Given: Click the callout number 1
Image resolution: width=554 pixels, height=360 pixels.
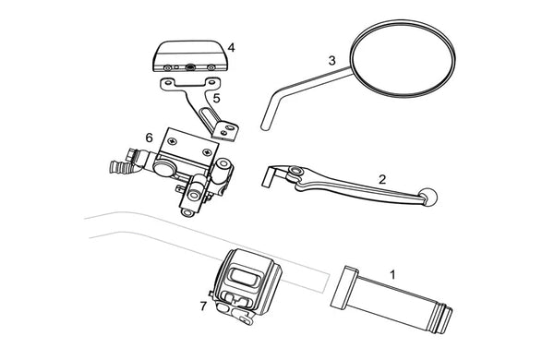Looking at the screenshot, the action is click(x=392, y=274).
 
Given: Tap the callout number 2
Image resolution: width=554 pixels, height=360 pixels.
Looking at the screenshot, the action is click(x=382, y=179).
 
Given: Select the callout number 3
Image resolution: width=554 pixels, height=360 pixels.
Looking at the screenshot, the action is click(x=331, y=60).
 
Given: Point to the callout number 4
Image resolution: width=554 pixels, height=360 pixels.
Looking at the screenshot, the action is click(x=231, y=48).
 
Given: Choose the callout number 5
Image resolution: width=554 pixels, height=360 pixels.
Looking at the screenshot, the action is click(x=216, y=98).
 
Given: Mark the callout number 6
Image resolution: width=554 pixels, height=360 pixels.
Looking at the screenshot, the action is click(x=149, y=138).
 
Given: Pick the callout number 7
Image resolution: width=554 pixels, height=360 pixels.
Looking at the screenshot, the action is click(x=203, y=306).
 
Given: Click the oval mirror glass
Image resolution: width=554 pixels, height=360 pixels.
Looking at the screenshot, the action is click(x=403, y=58).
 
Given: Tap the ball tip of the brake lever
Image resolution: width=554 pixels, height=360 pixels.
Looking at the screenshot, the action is click(x=429, y=196).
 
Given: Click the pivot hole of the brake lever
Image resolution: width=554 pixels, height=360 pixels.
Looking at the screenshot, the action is click(x=295, y=172).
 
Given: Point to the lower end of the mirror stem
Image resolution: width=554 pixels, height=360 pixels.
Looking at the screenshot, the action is click(x=263, y=126).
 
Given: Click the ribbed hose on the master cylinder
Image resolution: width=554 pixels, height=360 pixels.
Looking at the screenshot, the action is click(x=119, y=167).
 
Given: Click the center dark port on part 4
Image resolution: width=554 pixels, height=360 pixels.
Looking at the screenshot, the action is click(x=190, y=66).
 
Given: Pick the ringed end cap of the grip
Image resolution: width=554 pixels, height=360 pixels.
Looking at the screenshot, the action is click(x=443, y=319).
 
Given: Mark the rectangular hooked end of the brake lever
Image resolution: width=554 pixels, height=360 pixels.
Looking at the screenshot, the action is click(x=271, y=176).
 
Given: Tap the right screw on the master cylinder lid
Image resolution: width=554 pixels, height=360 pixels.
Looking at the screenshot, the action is click(x=206, y=152).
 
